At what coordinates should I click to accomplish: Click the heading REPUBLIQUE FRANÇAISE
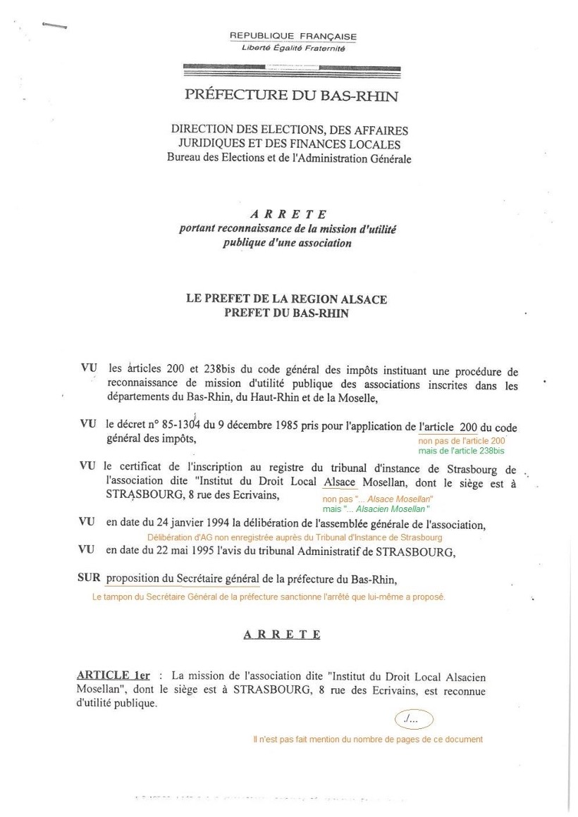(293, 37)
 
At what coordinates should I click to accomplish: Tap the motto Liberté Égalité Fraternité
(293, 48)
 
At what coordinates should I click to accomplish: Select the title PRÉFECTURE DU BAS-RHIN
(291, 95)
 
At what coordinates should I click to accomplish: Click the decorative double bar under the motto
(291, 68)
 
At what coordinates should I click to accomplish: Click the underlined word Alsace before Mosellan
(340, 482)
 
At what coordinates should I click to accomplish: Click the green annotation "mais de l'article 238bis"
(462, 450)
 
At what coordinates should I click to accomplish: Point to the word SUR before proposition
(89, 580)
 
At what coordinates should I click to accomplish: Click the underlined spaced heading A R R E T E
(282, 635)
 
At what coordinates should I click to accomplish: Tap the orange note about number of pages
(367, 740)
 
